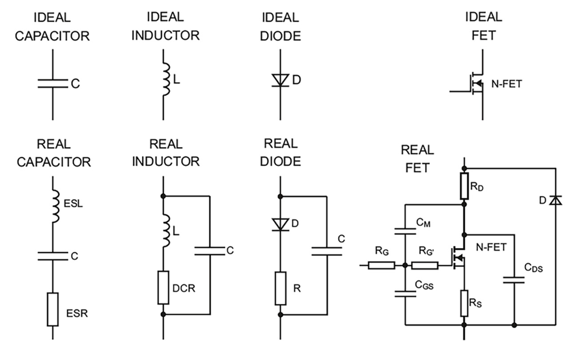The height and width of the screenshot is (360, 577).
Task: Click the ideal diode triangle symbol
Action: (281, 81)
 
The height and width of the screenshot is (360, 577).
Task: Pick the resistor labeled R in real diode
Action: (281, 286)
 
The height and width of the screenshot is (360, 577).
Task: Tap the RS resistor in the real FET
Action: (464, 300)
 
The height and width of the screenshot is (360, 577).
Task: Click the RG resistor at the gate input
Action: (381, 265)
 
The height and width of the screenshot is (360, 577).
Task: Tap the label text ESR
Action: (77, 313)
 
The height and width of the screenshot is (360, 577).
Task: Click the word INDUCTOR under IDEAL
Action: (165, 36)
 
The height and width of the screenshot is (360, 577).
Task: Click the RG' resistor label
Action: (429, 249)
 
